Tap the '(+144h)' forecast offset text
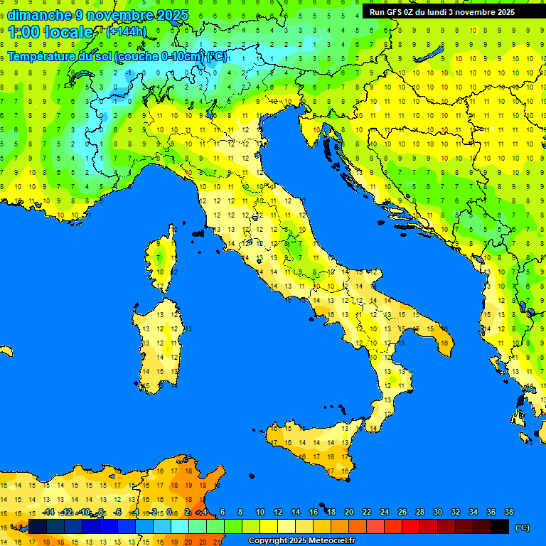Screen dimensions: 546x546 [126, 32]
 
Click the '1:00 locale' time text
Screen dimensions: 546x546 [50, 32]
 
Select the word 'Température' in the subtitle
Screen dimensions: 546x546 [40, 56]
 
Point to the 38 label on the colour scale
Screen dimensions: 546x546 [509, 512]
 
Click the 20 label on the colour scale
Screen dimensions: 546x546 [348, 512]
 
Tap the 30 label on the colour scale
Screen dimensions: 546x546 [437, 512]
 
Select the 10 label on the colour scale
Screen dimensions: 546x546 [259, 512]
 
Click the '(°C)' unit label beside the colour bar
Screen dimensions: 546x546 [522, 528]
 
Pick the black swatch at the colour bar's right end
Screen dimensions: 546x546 [500, 526]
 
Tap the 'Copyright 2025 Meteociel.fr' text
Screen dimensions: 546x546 [301, 541]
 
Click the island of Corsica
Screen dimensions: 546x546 [164, 259]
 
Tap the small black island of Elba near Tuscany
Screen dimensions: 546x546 [198, 232]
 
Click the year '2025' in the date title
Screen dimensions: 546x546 [173, 15]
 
